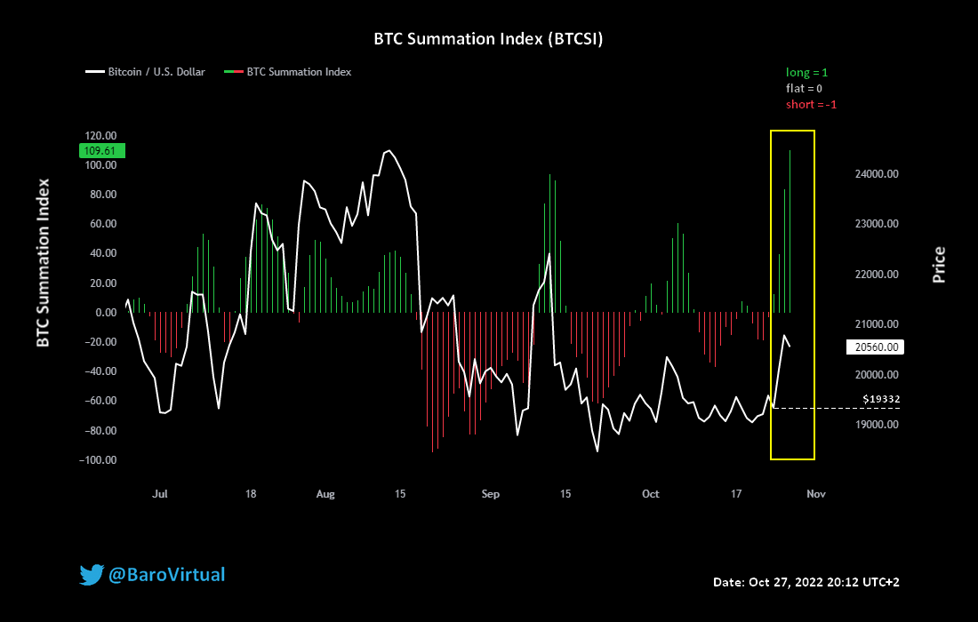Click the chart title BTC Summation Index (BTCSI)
tap(489, 40)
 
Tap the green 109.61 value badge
tap(103, 150)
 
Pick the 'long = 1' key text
tap(806, 72)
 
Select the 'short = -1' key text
tap(811, 104)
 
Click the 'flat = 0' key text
tap(804, 88)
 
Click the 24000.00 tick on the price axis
tap(875, 174)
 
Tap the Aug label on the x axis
tap(326, 494)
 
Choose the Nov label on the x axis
tap(816, 494)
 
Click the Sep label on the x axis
tap(490, 494)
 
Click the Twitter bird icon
tap(92, 575)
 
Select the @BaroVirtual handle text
tap(166, 575)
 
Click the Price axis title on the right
tap(938, 265)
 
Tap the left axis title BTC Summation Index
tap(42, 262)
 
